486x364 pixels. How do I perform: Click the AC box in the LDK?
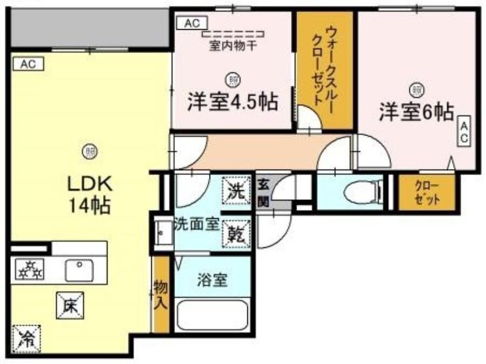pyautogui.click(x=28, y=64)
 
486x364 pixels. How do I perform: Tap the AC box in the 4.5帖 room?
pyautogui.click(x=192, y=23)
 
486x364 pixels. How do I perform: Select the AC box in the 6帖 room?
pyautogui.click(x=464, y=131)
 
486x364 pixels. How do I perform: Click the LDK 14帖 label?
pyautogui.click(x=89, y=195)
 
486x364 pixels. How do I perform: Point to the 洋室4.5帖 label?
pyautogui.click(x=232, y=101)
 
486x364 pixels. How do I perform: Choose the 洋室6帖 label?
pyautogui.click(x=417, y=112)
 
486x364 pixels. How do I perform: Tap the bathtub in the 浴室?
pyautogui.click(x=212, y=315)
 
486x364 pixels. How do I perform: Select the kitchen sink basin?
pyautogui.click(x=80, y=270)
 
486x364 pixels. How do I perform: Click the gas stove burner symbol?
pyautogui.click(x=29, y=269)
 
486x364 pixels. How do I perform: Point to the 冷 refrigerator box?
pyautogui.click(x=27, y=338)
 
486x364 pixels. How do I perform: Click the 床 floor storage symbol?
pyautogui.click(x=70, y=306)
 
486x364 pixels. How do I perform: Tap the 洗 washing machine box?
pyautogui.click(x=236, y=190)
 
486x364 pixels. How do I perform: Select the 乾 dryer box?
pyautogui.click(x=237, y=234)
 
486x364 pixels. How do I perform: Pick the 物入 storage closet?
pyautogui.click(x=162, y=295)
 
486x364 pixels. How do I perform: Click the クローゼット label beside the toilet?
pyautogui.click(x=427, y=193)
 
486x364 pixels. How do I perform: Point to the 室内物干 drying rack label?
pyautogui.click(x=233, y=46)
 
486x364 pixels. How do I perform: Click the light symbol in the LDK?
pyautogui.click(x=90, y=151)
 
